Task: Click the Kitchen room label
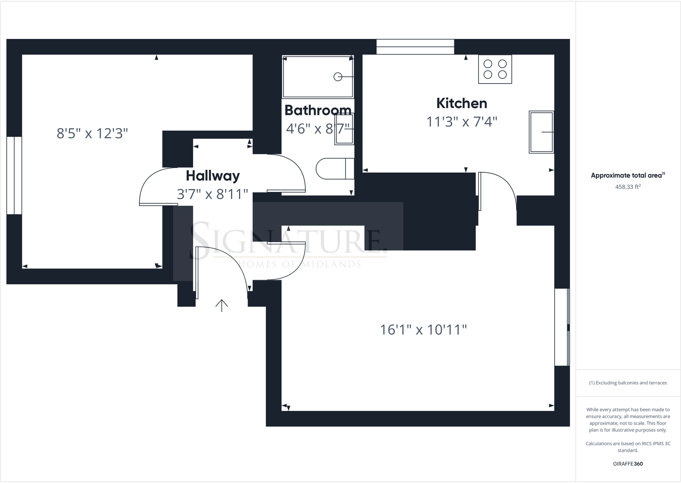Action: coord(461,103)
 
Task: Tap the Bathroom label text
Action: coord(317,111)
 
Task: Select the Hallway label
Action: coord(212,176)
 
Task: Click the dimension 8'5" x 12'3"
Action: coord(92,134)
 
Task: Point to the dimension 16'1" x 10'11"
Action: coord(423,330)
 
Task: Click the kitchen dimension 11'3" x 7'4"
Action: coord(461,122)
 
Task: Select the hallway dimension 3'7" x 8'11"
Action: coord(212,194)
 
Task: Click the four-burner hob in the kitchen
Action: coord(495,69)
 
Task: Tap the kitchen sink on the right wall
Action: coord(541,132)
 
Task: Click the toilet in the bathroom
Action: coord(334,169)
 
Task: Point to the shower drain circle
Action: coord(338,77)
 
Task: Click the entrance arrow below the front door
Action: coord(221,305)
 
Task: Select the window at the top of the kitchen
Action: coord(415,47)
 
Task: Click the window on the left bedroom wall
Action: coord(14,175)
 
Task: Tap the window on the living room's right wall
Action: coord(562,327)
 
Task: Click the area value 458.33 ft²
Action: coord(627,187)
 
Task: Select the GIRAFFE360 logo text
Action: coord(627,464)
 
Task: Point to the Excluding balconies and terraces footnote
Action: coord(627,383)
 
